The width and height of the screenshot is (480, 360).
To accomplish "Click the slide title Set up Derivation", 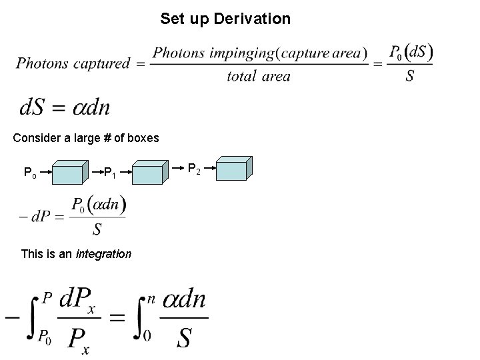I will pos(225,19).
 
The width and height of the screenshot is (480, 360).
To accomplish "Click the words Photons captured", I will pos(73,64).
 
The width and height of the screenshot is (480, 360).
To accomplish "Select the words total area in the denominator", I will pos(259,76).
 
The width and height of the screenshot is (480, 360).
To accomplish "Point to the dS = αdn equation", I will pos(65,107).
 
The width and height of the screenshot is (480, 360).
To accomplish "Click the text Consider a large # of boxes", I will pos(86,138).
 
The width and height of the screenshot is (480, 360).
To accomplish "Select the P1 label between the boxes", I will pos(111,174).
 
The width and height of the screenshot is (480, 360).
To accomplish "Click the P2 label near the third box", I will pos(194,170).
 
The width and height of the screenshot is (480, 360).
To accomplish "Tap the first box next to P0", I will pos(68,173).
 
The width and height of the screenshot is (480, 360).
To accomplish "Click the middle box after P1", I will pos(148,173).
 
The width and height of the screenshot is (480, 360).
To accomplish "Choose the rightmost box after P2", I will pos(234,169).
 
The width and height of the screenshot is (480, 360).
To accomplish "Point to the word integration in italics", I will pos(103,254).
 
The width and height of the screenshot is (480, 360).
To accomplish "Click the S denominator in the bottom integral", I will pos(184,338).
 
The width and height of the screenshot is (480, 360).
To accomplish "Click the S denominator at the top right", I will pos(410,76).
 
